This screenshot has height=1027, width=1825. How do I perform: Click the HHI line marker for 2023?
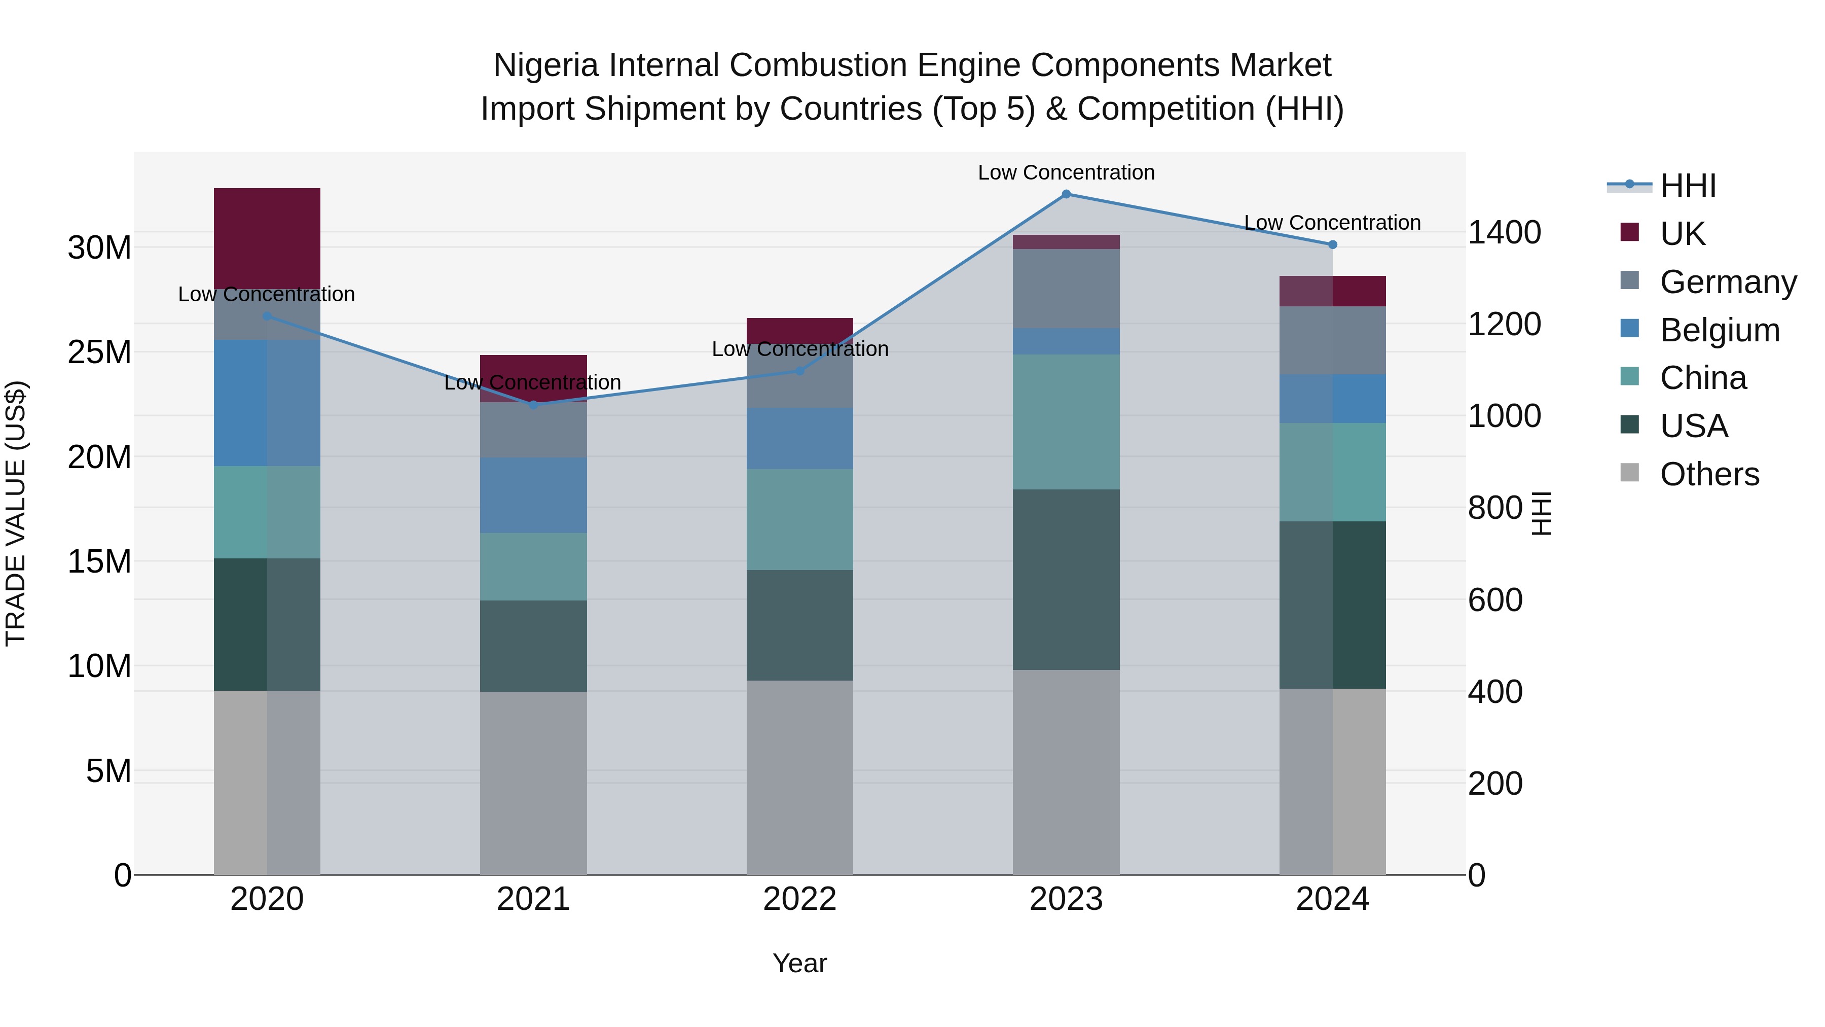[1066, 194]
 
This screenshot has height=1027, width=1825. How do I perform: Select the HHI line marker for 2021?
[533, 405]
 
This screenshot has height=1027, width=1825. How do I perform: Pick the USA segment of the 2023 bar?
[1066, 579]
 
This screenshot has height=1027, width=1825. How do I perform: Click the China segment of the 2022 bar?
[800, 519]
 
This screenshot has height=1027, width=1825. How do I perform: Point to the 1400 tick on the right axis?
[1504, 232]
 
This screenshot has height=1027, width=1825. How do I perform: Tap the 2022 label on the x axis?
[800, 899]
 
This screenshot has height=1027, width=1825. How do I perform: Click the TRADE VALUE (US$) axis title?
[16, 513]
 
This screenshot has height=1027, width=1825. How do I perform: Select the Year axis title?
[800, 963]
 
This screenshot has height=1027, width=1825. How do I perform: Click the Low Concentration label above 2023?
[1066, 172]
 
